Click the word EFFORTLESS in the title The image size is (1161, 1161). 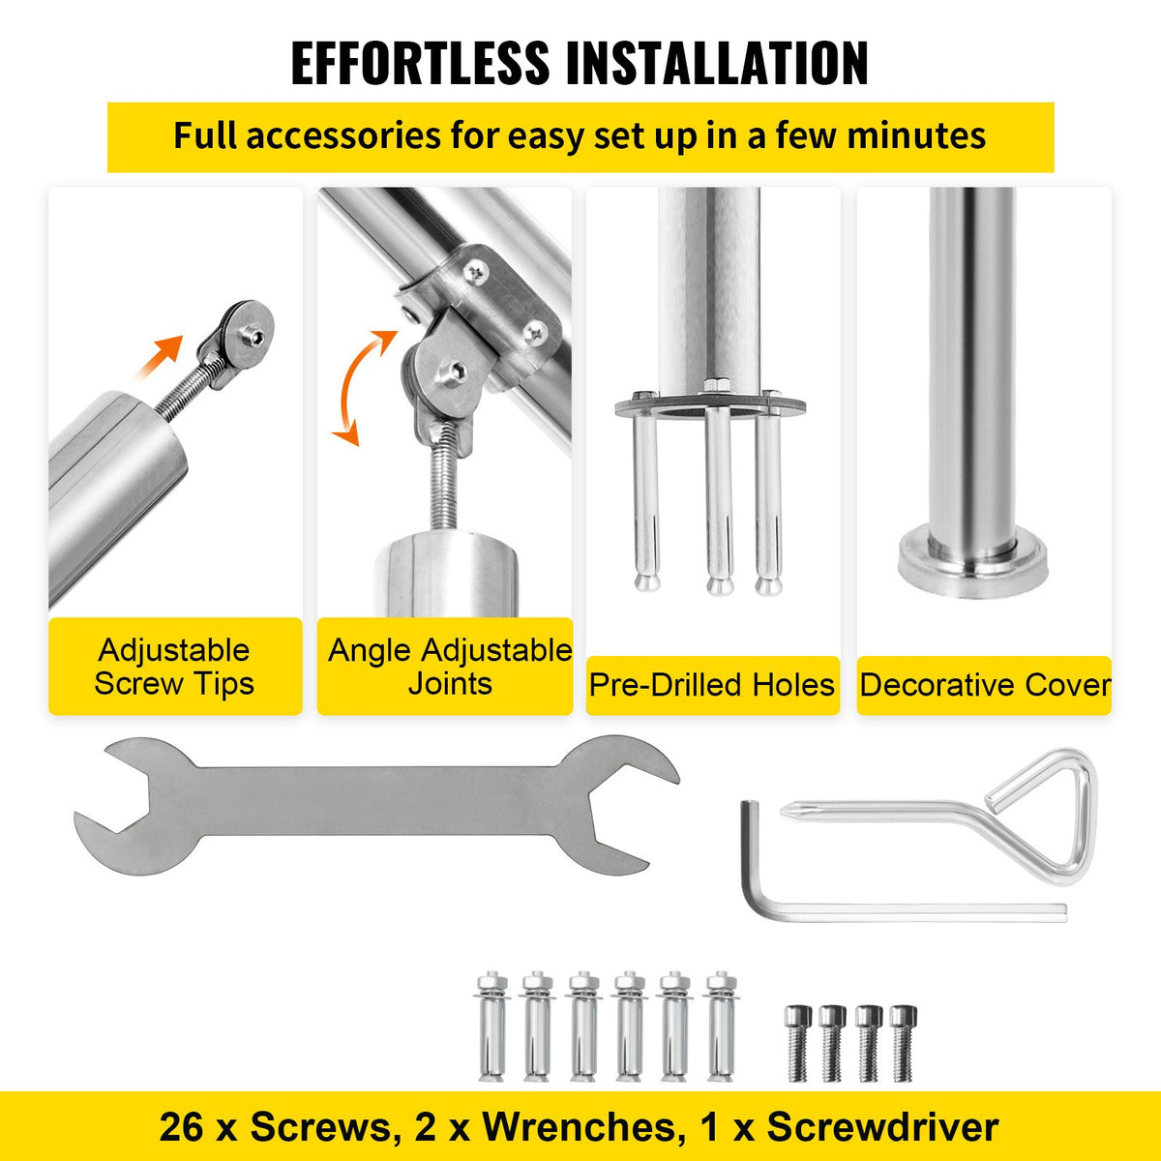[x=420, y=64]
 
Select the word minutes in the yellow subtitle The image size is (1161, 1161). [x=916, y=135]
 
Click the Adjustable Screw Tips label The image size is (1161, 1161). [x=174, y=667]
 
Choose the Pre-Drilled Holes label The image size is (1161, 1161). [x=712, y=685]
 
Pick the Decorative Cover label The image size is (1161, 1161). [x=985, y=685]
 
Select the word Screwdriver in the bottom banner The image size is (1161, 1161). [x=882, y=1127]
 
